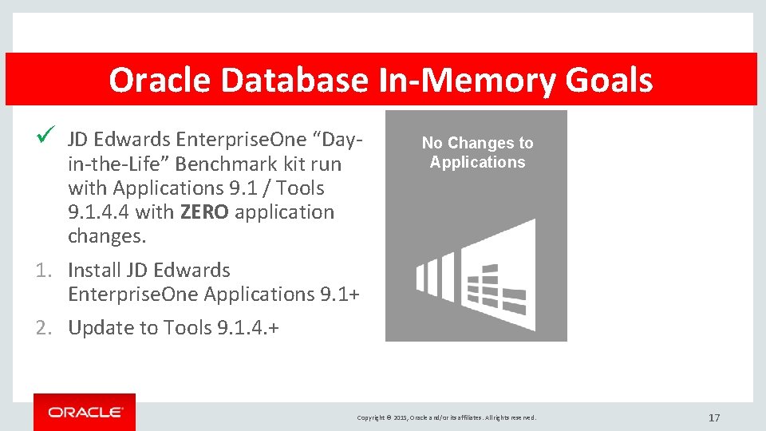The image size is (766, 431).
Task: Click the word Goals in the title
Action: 609,81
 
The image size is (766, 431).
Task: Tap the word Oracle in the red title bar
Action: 160,81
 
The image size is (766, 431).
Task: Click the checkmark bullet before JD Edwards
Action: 46,139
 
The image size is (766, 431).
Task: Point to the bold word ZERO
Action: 204,212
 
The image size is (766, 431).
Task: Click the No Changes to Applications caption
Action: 477,152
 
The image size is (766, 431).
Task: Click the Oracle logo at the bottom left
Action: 85,412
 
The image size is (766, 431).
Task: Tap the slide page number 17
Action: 714,417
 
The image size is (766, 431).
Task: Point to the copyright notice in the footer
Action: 447,417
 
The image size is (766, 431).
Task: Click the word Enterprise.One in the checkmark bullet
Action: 241,140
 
